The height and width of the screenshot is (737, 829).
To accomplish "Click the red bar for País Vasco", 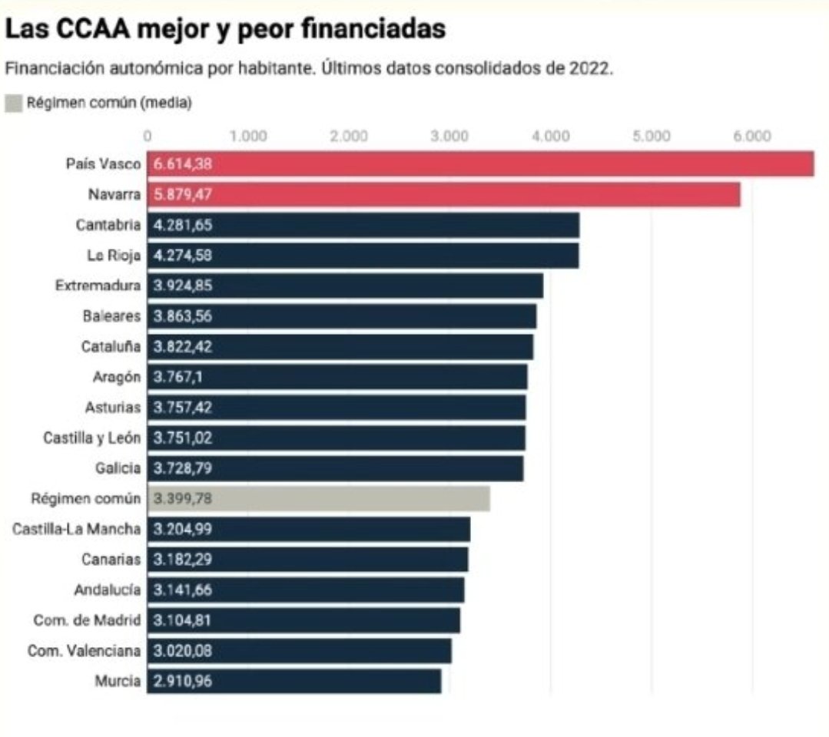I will coord(480,164).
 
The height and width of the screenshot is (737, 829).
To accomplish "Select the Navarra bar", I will coord(443,195).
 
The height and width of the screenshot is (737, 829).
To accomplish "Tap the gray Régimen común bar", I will coord(318,499).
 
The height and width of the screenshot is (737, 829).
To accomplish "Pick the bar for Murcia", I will coord(293,681).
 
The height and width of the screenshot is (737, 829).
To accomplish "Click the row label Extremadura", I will coord(98,286).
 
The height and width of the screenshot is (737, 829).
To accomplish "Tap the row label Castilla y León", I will coord(91,438).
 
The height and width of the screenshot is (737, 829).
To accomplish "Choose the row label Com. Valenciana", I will coord(84,651).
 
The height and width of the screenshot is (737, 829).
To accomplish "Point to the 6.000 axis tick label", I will coord(751,137).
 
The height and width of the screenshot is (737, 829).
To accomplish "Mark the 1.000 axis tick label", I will coord(248,137).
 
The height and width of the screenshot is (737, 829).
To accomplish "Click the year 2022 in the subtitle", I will coord(589,68).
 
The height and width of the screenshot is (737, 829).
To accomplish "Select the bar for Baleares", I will coord(341,316).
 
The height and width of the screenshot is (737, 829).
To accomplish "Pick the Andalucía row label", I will coord(108,590).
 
